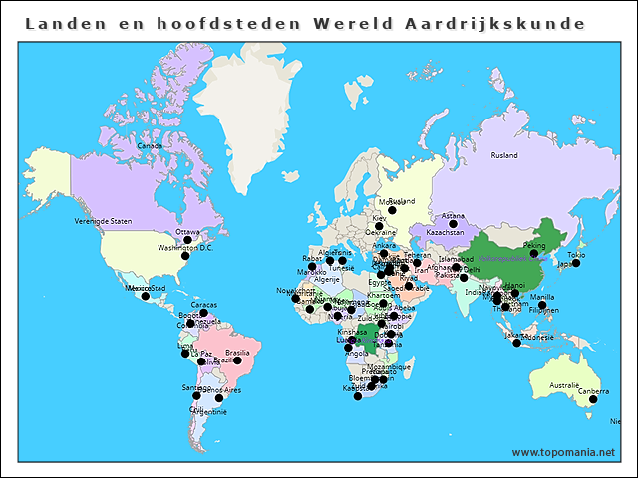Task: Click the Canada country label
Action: [x=149, y=145]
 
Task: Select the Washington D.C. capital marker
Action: [x=184, y=256]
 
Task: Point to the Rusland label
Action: [x=504, y=155]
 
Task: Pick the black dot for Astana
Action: [x=453, y=224]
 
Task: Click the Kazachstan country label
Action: [x=445, y=233]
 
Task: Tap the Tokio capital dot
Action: [x=576, y=263]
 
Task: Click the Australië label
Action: [x=564, y=385]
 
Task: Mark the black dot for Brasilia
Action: [x=237, y=360]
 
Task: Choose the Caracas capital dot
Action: [x=203, y=313]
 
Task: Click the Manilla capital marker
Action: [x=542, y=305]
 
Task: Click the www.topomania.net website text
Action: [x=563, y=452]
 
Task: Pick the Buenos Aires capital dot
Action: [x=219, y=398]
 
